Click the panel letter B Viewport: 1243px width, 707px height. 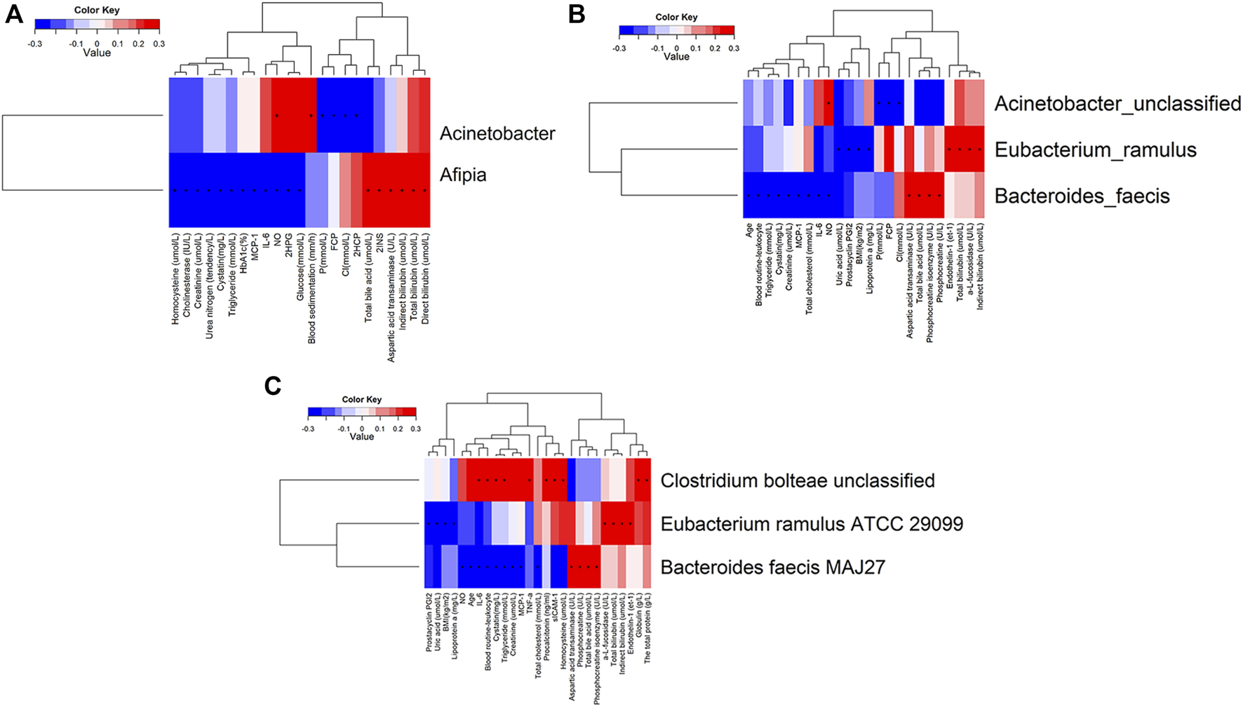577,13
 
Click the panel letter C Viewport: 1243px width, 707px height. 272,386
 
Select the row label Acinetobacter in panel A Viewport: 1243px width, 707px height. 497,133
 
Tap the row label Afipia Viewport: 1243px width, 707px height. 463,175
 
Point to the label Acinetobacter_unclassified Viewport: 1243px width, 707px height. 1117,104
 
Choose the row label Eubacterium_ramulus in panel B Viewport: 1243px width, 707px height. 1095,149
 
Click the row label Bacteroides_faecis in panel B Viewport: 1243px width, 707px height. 1082,196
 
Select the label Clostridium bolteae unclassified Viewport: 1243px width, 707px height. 798,480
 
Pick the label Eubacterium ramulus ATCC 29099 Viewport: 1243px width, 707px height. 812,523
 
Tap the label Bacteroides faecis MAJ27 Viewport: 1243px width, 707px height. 772,566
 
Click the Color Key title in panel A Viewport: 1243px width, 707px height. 97,11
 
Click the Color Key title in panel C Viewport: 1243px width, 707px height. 362,399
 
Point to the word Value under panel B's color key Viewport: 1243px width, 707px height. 676,57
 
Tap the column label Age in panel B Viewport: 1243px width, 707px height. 749,231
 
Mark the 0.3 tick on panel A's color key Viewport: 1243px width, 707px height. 159,43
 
